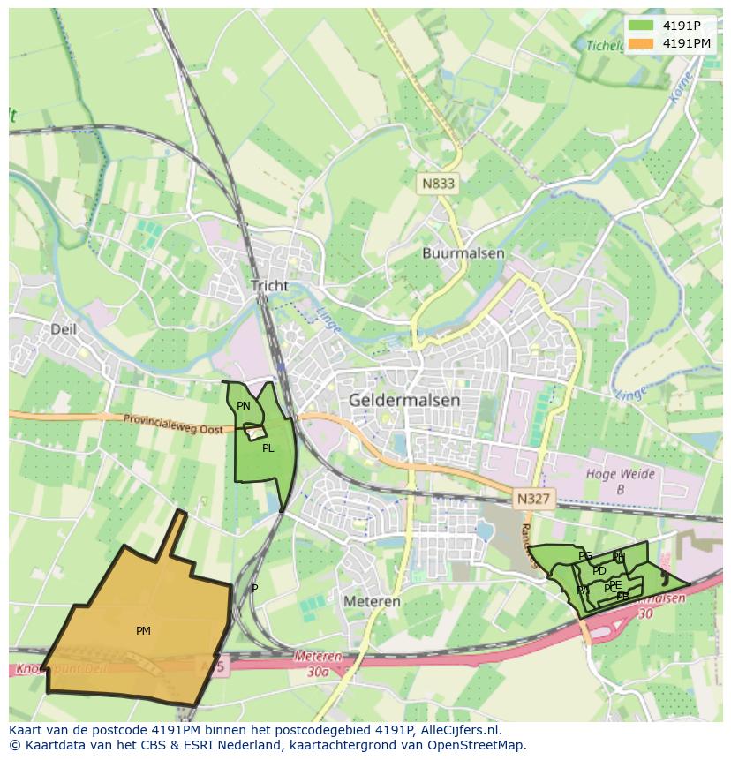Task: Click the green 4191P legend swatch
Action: [x=640, y=25]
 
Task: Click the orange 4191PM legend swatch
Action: [x=640, y=43]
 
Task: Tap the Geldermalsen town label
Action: [x=404, y=400]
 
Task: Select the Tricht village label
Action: [x=269, y=286]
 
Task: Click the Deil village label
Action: [x=64, y=329]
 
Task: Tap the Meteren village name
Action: [x=372, y=601]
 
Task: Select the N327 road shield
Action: [x=534, y=499]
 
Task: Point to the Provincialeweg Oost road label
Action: [x=173, y=424]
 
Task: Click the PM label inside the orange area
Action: [x=143, y=630]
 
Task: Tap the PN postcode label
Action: [x=244, y=406]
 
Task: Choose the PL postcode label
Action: [x=268, y=448]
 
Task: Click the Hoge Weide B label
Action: [x=622, y=481]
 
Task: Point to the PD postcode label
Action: [x=599, y=571]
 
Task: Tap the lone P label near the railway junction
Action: [x=255, y=588]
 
